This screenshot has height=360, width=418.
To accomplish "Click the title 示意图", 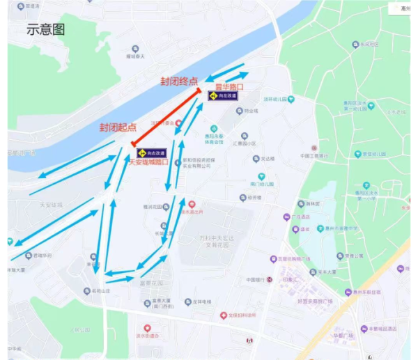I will coord(46,29).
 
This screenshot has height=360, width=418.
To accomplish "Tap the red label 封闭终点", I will coord(179,81).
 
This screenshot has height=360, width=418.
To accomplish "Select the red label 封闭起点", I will coord(118,127).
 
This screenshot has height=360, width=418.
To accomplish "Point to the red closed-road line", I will coord(166,116).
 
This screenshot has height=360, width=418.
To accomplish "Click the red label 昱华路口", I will coord(229,87).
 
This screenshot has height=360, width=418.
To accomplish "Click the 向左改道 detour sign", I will coord(223,96).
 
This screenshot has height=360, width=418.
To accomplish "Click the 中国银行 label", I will coord(256,280).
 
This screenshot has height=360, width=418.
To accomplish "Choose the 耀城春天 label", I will coord(135,56).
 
